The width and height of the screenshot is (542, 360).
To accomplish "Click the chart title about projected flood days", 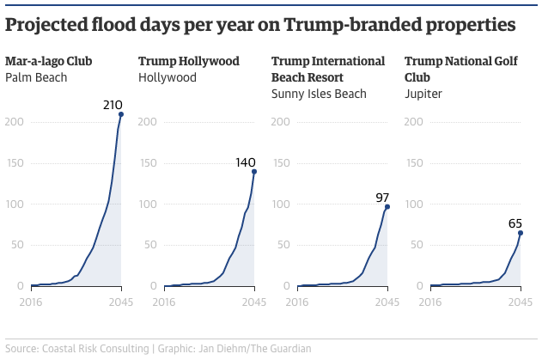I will pyautogui.click(x=260, y=25).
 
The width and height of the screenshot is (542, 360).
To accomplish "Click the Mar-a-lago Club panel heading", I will pyautogui.click(x=60, y=62).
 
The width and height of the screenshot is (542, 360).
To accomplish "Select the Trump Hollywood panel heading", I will pyautogui.click(x=189, y=62).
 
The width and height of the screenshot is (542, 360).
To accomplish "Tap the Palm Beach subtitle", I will pyautogui.click(x=36, y=78).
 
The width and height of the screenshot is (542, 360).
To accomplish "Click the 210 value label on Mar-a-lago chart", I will pyautogui.click(x=113, y=106).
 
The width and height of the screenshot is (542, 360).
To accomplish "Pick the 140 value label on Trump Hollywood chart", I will pyautogui.click(x=247, y=162).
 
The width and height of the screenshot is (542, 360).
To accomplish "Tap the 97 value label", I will pyautogui.click(x=382, y=198).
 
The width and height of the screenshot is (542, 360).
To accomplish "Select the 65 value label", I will pyautogui.click(x=515, y=224).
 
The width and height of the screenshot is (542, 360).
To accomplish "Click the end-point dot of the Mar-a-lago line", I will pyautogui.click(x=121, y=114).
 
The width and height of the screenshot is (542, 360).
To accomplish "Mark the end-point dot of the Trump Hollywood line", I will pyautogui.click(x=254, y=172).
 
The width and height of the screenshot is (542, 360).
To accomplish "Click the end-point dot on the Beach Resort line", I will pyautogui.click(x=387, y=207).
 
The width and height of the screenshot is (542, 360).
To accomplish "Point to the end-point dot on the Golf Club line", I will pyautogui.click(x=521, y=233).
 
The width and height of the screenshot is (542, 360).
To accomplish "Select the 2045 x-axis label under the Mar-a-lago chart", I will pyautogui.click(x=120, y=302).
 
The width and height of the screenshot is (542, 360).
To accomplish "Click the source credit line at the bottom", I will pyautogui.click(x=158, y=349).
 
